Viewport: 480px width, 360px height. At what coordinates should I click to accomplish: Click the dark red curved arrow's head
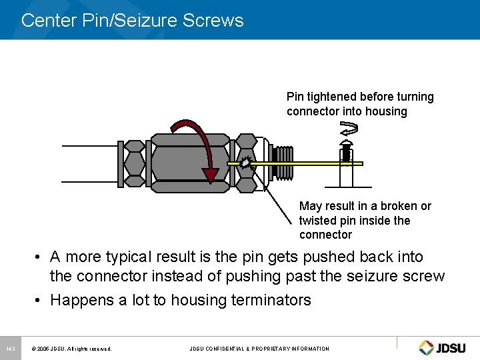[211, 174]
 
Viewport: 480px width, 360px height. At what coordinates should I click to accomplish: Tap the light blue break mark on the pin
[246, 163]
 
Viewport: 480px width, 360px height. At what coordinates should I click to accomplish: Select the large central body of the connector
[181, 162]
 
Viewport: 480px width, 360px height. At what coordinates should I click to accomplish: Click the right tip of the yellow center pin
[361, 163]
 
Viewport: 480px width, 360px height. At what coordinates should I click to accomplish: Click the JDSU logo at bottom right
[445, 348]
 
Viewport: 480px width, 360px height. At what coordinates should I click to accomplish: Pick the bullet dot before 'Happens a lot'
[41, 300]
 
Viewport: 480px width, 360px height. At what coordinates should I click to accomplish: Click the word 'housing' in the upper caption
[386, 111]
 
